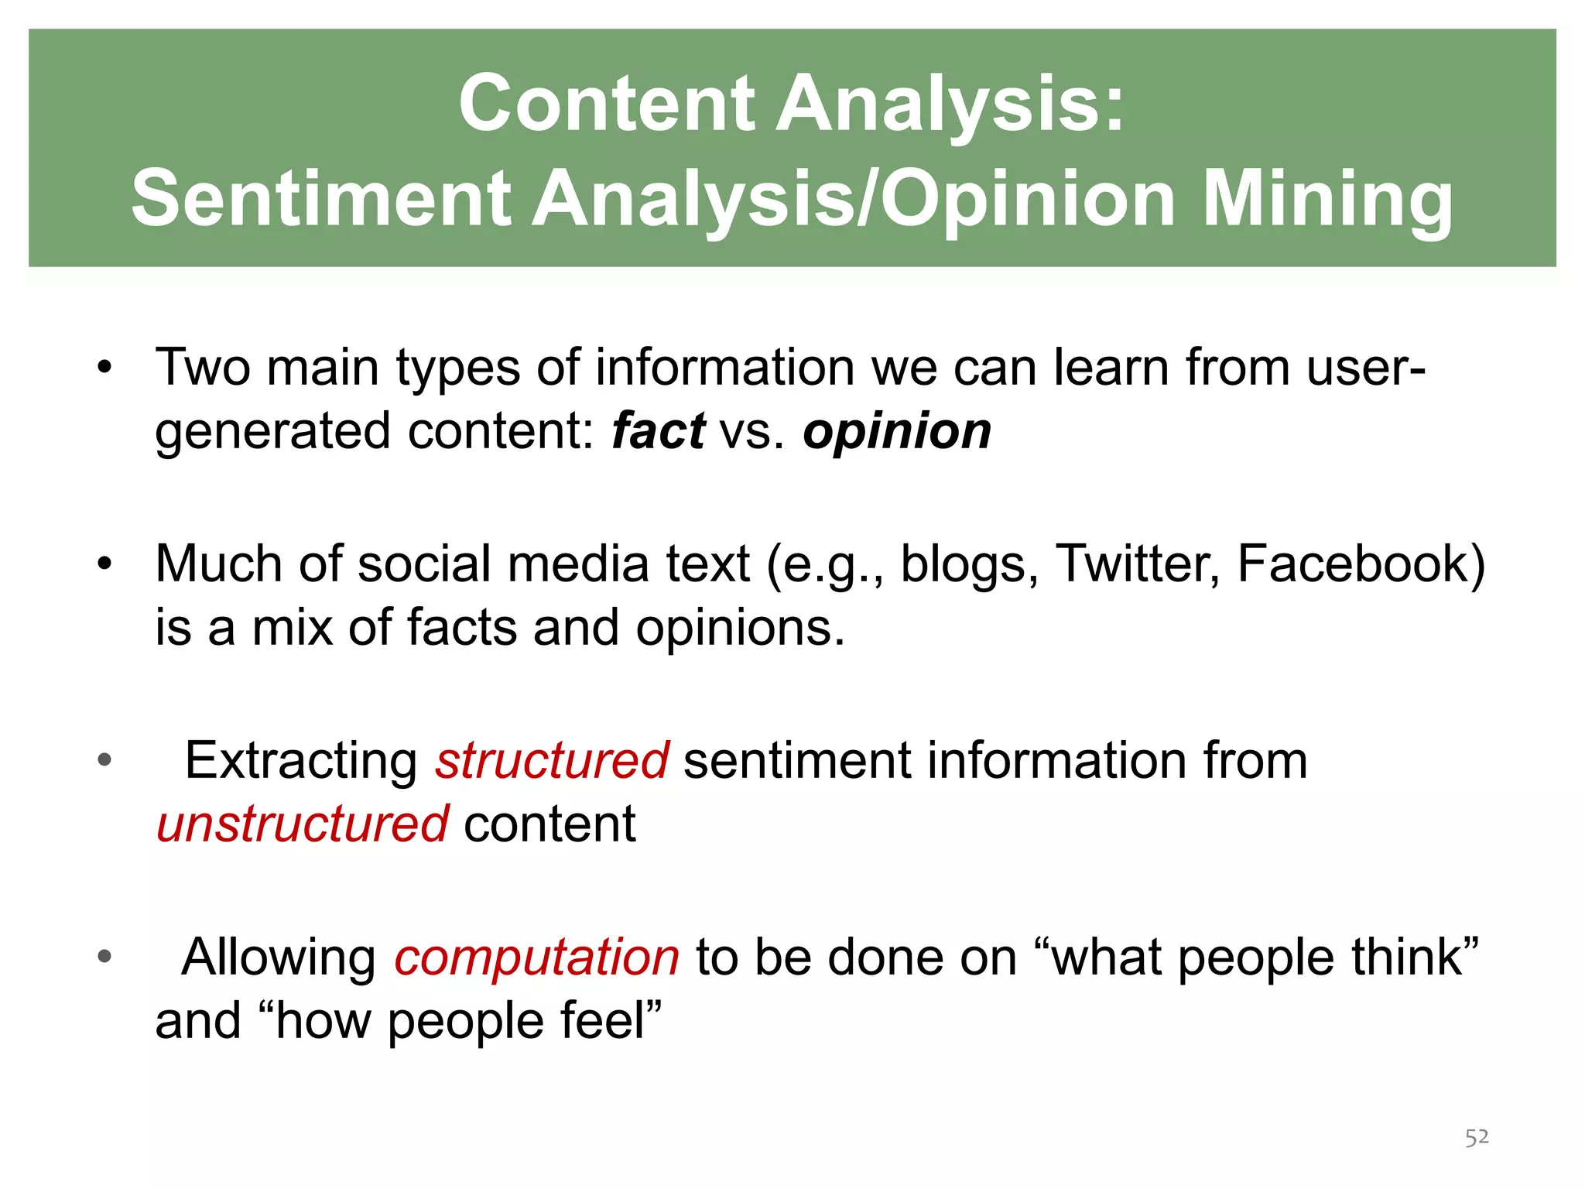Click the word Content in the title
point(606,105)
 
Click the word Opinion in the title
point(1029,200)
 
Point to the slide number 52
point(1477,1137)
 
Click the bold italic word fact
point(657,431)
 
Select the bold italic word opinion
point(896,431)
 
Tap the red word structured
point(552,760)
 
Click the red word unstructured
point(302,824)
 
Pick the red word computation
point(536,958)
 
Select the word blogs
point(968,564)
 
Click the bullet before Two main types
point(104,367)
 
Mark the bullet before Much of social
point(104,564)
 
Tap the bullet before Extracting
point(104,760)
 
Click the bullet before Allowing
point(104,958)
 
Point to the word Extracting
point(301,760)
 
